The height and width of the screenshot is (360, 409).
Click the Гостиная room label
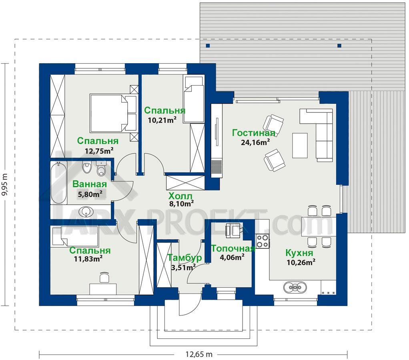click(254, 133)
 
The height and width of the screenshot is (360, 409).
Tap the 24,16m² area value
click(255, 142)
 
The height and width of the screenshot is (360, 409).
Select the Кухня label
click(299, 253)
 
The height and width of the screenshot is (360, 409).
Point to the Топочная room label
click(233, 248)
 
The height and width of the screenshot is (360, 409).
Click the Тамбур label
click(184, 258)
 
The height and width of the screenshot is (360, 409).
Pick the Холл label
click(180, 196)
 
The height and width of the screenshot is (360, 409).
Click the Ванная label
click(90, 184)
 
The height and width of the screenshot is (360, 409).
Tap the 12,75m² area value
click(99, 151)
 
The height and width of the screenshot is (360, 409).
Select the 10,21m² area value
click(162, 120)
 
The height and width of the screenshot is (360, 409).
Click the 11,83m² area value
click(88, 258)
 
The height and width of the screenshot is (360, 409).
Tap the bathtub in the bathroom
click(59, 183)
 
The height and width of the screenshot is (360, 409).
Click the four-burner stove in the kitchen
click(262, 241)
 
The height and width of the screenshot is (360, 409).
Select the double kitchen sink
click(295, 288)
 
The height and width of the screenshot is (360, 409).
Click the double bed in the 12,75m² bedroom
click(113, 113)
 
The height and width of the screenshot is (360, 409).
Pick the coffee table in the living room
click(300, 146)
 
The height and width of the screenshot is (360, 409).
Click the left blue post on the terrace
click(208, 46)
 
